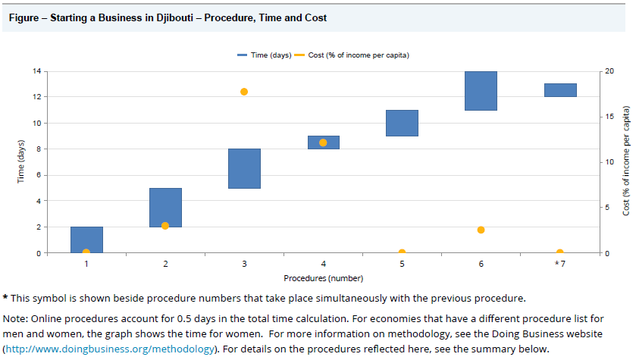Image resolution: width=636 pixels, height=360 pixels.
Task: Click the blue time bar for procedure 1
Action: coord(86,239)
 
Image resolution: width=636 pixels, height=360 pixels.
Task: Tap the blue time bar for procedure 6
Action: coord(481,91)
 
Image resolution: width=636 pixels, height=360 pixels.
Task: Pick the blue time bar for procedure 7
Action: coord(560,90)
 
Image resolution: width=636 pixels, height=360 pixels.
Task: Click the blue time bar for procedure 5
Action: coord(402,123)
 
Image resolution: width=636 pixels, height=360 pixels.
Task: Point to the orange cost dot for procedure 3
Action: coord(244,92)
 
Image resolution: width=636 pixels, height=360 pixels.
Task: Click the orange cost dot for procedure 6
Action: coord(481,230)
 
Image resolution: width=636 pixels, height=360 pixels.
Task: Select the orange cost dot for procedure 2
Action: coord(165,226)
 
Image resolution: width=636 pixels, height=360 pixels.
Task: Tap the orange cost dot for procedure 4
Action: coord(323,142)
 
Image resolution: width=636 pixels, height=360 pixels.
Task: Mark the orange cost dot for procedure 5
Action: coord(402,252)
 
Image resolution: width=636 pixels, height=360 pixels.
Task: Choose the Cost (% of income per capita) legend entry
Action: coord(357,55)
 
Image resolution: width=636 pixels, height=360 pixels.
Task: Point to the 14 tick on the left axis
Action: coord(36,71)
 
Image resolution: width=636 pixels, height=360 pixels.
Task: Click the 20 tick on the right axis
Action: coord(609,71)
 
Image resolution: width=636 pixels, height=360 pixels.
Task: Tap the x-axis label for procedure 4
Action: coord(323,264)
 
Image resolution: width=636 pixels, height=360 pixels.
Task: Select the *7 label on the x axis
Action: coord(559,264)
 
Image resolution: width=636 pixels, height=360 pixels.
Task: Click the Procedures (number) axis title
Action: coord(323,278)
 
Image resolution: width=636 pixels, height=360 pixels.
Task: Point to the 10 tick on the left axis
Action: coord(36,124)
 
